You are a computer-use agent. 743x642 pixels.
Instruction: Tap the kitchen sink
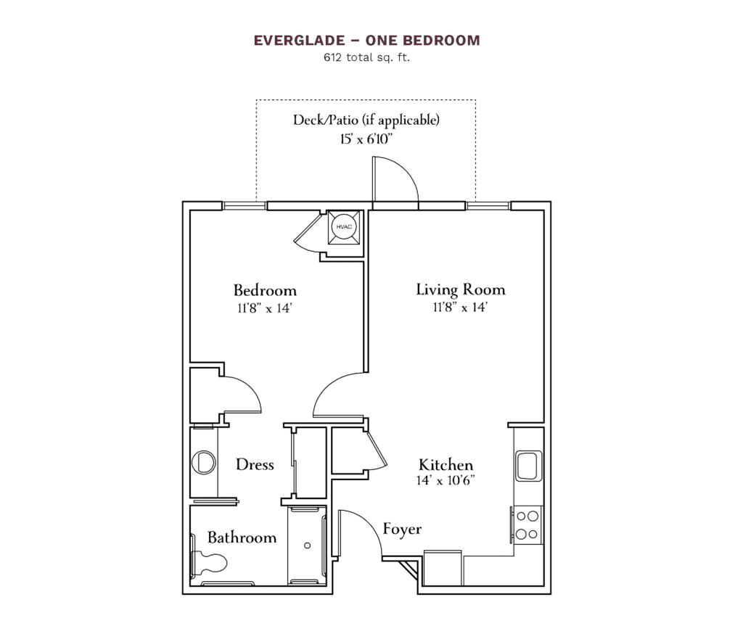click(x=528, y=465)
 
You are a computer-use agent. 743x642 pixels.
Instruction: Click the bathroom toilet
click(x=209, y=561)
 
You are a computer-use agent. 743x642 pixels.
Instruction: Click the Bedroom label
click(x=265, y=290)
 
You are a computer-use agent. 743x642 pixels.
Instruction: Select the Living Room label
click(x=460, y=289)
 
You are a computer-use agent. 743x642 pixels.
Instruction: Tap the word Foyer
click(x=402, y=529)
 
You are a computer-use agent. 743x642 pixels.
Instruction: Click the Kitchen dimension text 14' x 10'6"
click(x=446, y=480)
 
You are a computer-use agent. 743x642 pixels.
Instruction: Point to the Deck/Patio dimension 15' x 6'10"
click(x=366, y=139)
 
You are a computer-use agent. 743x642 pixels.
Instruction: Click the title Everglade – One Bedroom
click(x=366, y=41)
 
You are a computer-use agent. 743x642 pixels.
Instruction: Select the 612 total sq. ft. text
click(x=366, y=57)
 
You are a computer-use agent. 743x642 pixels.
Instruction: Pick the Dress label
click(x=255, y=464)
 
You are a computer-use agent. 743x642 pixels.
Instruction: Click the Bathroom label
click(x=242, y=538)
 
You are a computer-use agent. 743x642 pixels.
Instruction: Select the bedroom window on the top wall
click(x=245, y=205)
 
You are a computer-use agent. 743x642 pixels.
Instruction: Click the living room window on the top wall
click(x=488, y=205)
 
